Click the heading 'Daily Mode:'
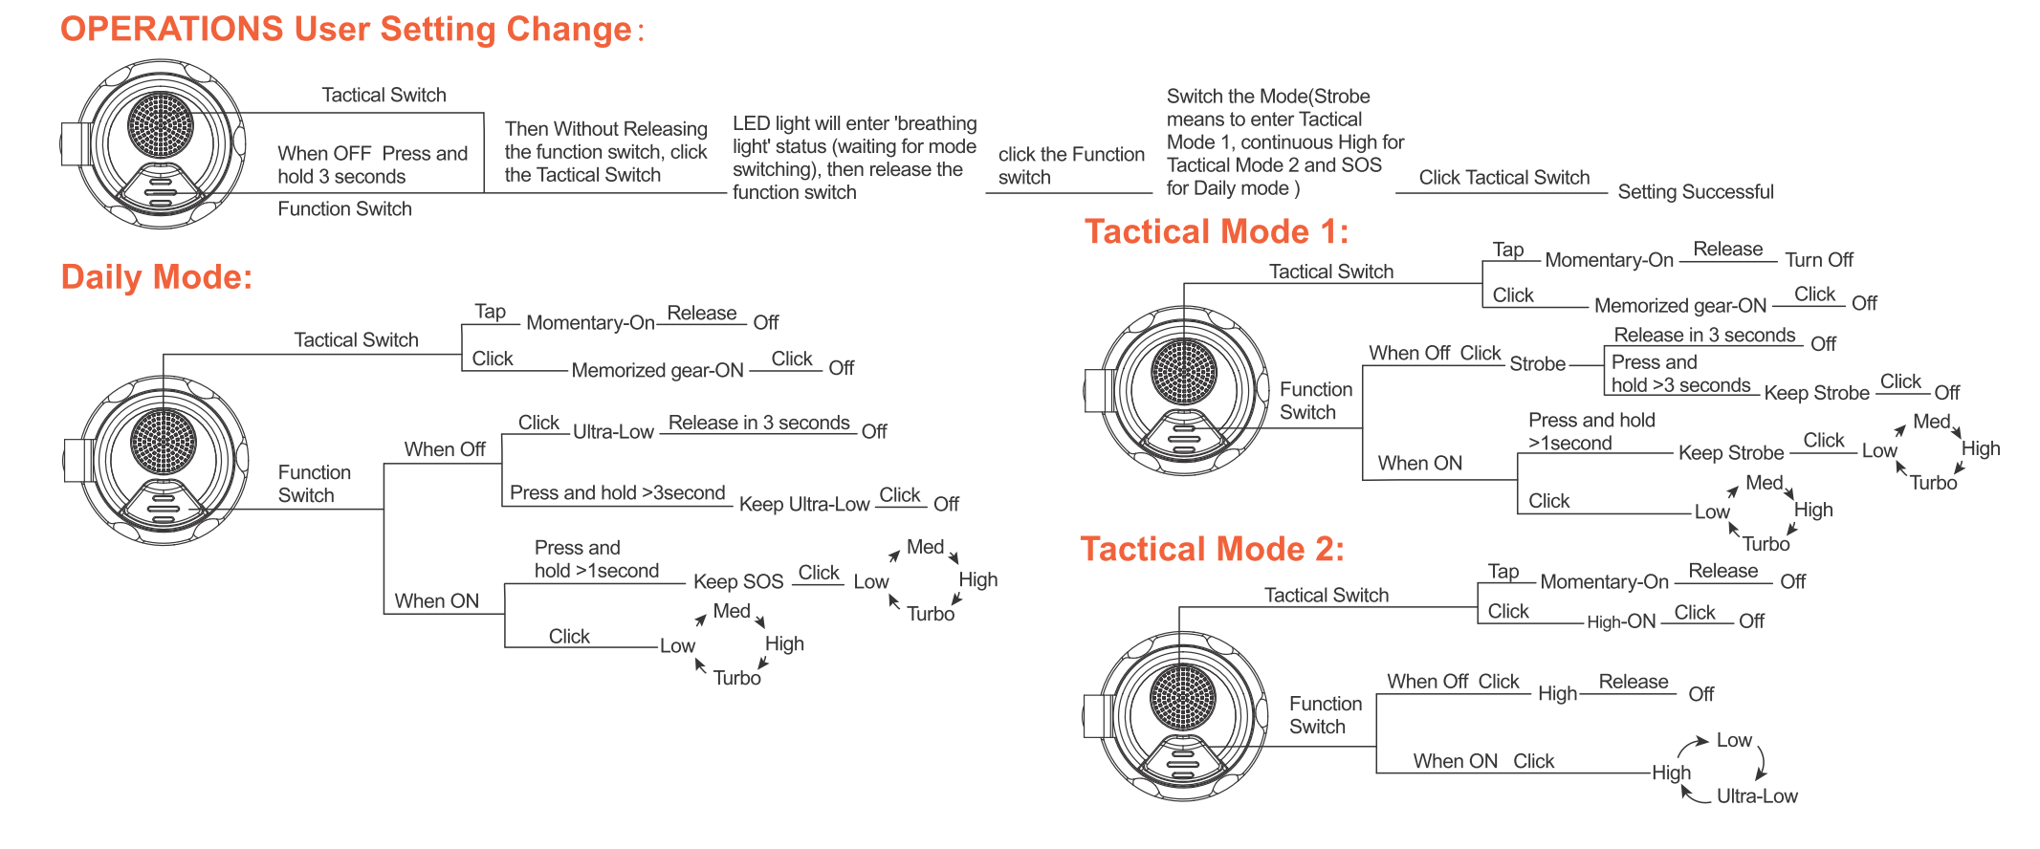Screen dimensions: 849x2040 [x=156, y=277]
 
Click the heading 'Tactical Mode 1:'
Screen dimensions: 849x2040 [x=1216, y=232]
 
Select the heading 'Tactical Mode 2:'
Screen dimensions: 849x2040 [x=1212, y=550]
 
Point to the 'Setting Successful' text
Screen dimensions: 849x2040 [x=1695, y=192]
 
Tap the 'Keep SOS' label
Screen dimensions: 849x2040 [x=737, y=581]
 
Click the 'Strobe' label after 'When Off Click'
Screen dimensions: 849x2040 [x=1537, y=364]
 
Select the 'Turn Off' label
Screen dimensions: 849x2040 [x=1818, y=260]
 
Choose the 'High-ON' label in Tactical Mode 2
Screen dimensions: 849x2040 [x=1620, y=621]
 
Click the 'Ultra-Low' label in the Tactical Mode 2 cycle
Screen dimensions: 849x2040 [x=1756, y=796]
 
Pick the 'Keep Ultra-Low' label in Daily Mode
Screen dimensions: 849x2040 [x=803, y=504]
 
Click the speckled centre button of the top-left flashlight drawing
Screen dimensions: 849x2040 [x=161, y=124]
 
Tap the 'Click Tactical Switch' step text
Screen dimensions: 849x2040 [x=1503, y=178]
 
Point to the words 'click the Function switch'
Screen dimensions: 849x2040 [x=1070, y=166]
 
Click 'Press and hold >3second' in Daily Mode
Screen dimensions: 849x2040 [x=617, y=493]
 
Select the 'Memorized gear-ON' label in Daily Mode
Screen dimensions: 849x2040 [x=657, y=371]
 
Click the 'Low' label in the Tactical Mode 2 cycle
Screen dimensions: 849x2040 [x=1733, y=741]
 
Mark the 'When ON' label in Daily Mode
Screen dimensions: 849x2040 [x=436, y=601]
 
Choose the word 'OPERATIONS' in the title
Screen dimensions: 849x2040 [x=172, y=30]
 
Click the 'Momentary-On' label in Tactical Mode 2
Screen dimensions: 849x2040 [x=1604, y=582]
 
